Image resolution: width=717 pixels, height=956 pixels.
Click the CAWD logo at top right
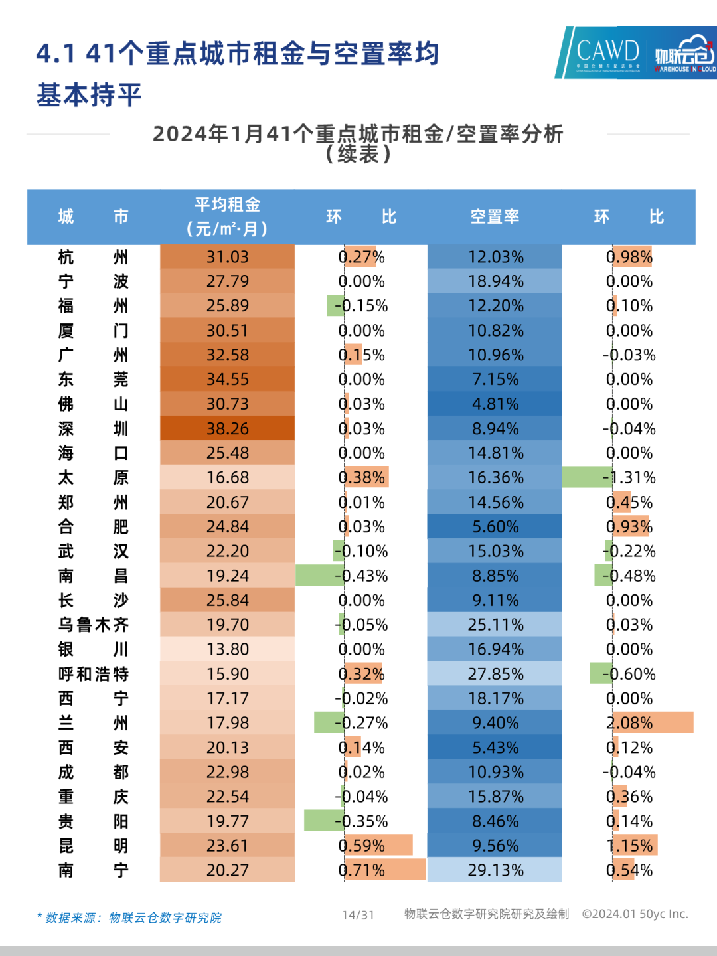point(607,52)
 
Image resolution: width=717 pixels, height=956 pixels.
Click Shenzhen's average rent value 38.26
point(227,428)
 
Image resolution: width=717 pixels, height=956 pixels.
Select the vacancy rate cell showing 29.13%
point(495,870)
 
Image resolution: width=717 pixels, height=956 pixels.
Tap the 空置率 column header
point(495,217)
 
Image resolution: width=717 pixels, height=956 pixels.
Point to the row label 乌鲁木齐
point(93,625)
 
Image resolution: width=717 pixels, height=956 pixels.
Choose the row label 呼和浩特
point(93,674)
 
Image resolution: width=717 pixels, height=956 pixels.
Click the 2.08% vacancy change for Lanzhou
point(629,722)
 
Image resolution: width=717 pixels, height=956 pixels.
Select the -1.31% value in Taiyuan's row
point(629,477)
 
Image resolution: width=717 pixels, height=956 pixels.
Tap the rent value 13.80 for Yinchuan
point(227,649)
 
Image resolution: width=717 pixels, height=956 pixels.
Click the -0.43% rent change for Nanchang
point(362,576)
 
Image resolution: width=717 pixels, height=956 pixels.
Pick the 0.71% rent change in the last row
point(362,870)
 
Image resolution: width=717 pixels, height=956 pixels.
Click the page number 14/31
point(358,915)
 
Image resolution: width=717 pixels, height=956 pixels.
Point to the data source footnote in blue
point(129,917)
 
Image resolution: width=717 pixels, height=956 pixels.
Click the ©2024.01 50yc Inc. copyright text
point(635,914)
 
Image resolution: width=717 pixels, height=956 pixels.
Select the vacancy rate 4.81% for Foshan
point(495,404)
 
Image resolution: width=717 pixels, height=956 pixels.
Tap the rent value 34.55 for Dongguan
point(227,379)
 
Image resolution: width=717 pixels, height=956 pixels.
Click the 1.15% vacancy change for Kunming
point(630,846)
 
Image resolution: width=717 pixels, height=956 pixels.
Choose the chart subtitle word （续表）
point(358,155)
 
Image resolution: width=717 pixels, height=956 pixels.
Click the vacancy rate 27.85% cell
point(495,674)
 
